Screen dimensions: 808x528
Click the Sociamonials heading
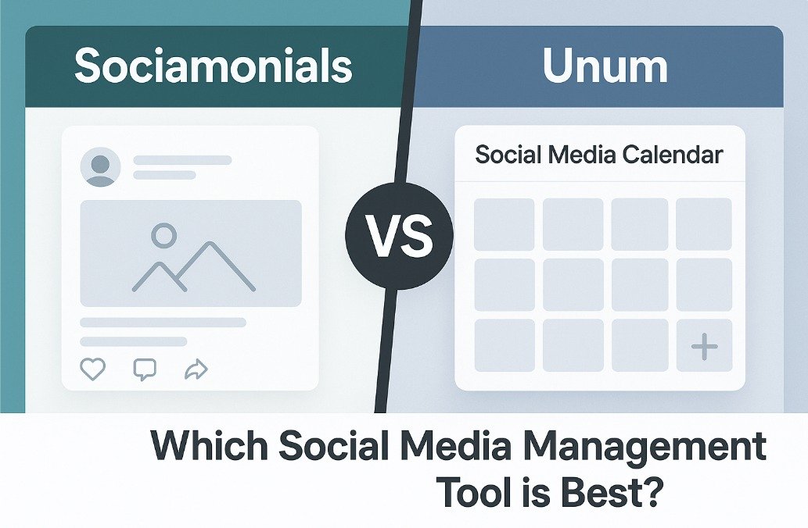(x=214, y=66)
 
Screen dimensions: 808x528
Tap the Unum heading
(x=605, y=66)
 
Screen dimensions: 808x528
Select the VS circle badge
(x=400, y=236)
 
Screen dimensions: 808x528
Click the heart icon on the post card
(x=93, y=369)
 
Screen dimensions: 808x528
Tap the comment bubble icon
(x=145, y=369)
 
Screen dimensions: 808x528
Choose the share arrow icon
(x=196, y=369)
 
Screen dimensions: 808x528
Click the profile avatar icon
(x=100, y=166)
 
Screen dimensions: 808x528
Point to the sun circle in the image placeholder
(x=163, y=236)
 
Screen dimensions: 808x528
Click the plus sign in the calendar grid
(x=705, y=346)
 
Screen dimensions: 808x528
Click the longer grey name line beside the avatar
(x=182, y=160)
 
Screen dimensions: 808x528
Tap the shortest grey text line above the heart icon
(x=134, y=341)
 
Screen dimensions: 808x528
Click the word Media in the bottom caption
(x=455, y=446)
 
